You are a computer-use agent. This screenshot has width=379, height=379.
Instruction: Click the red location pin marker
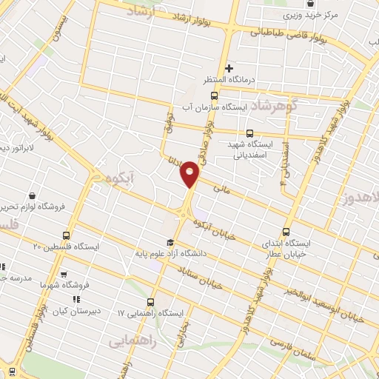coord(189,175)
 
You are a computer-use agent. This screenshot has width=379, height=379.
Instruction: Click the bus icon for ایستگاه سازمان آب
coord(215,96)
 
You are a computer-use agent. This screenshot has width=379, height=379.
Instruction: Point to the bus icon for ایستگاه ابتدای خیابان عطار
coord(287,231)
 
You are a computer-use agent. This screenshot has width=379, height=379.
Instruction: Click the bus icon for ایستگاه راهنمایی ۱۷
coord(152,302)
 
